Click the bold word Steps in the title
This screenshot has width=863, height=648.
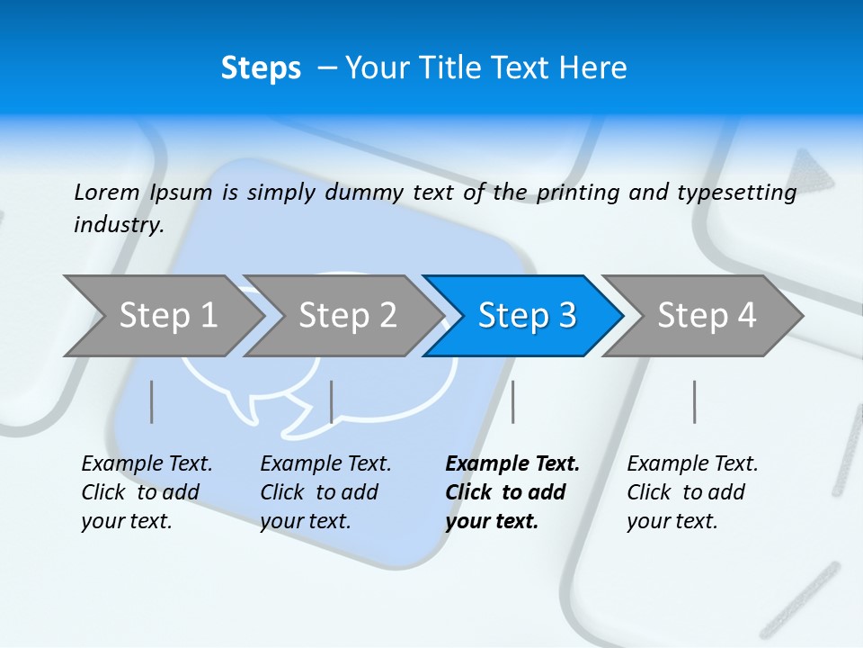click(x=261, y=68)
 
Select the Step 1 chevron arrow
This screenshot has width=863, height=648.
click(x=167, y=316)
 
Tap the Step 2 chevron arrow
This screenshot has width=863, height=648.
click(x=347, y=316)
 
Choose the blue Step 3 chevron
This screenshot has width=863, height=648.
click(x=526, y=316)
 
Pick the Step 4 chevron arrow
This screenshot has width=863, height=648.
click(x=706, y=316)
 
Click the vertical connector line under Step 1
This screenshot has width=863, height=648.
click(x=151, y=401)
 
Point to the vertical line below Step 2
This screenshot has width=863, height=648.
click(x=332, y=401)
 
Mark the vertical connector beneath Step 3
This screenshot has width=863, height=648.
click(x=512, y=401)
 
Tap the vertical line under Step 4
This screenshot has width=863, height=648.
click(x=695, y=401)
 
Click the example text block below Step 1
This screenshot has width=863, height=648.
click(x=146, y=492)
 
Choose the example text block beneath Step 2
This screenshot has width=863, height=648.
click(x=325, y=492)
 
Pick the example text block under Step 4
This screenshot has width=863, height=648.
click(x=691, y=492)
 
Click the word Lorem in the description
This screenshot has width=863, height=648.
click(x=107, y=192)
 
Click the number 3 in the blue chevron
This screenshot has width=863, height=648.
click(x=567, y=316)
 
